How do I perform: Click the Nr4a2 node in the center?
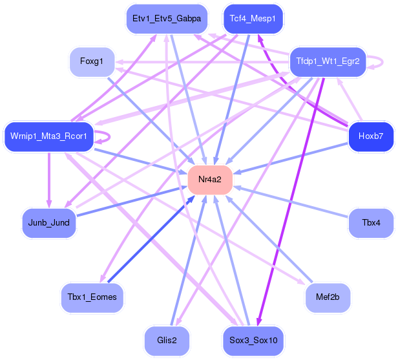point(210,180)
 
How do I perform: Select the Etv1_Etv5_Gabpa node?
point(167,19)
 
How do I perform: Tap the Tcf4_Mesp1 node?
point(253,19)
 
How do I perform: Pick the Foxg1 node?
point(92,61)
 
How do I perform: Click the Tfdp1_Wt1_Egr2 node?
point(328,61)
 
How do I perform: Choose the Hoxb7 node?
point(371,136)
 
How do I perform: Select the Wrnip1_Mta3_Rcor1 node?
point(48,136)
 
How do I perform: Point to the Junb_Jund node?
point(49,223)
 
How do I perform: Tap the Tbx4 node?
point(371,223)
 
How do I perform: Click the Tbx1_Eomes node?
point(92,297)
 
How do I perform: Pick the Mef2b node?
point(328,297)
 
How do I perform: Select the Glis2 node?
point(167,341)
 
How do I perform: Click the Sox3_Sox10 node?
point(253,341)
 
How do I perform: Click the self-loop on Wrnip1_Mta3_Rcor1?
point(109,136)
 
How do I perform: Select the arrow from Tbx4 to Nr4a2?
point(291,202)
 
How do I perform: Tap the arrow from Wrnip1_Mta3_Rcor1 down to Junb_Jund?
point(49,180)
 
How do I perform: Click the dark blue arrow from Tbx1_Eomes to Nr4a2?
point(151,238)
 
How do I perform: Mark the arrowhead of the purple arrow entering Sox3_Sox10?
point(258,322)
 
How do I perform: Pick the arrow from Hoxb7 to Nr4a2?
point(290,158)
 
